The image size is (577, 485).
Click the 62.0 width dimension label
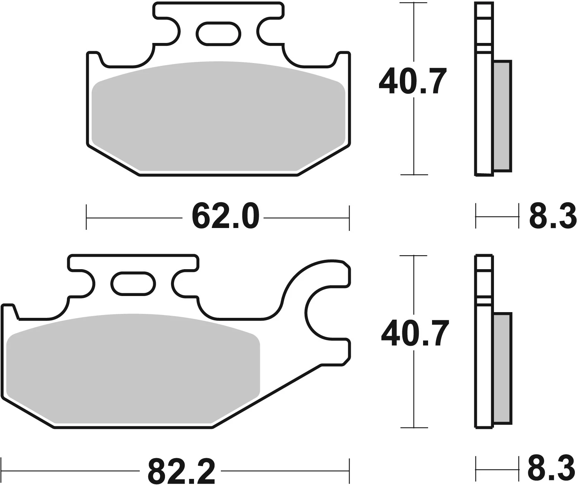(225, 217)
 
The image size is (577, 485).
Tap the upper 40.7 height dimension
(413, 82)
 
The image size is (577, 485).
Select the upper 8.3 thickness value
(552, 216)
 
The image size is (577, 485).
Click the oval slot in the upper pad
(218, 34)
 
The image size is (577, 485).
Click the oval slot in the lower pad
(134, 283)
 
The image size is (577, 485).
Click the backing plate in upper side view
(485, 107)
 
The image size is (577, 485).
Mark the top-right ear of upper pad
(343, 59)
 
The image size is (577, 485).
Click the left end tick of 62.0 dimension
(87, 217)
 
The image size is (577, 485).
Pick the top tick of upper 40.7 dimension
(414, 3)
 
